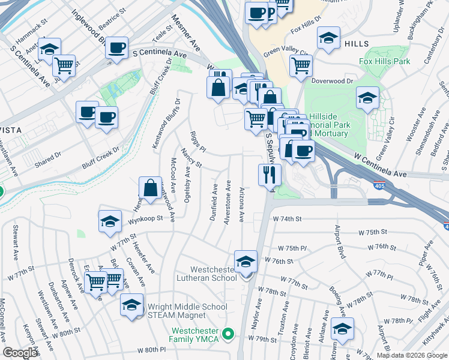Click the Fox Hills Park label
(x=384, y=61)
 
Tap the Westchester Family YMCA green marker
(x=227, y=333)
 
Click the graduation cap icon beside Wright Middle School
(x=132, y=305)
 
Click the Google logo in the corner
(x=20, y=353)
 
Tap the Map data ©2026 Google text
(x=411, y=356)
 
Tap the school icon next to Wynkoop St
(x=110, y=222)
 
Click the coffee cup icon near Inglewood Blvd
(x=116, y=47)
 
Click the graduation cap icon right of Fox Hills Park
(x=368, y=98)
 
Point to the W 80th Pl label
(x=151, y=350)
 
